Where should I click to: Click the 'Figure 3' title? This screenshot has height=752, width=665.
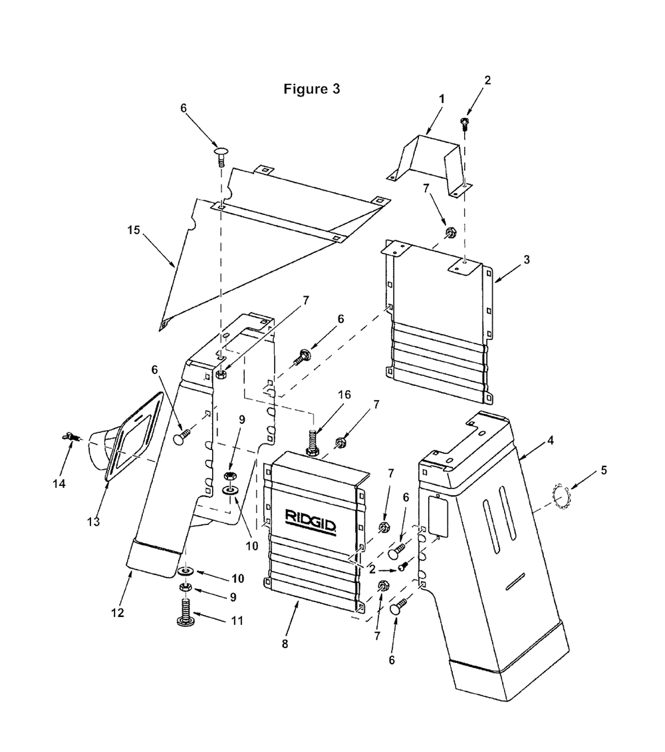312,89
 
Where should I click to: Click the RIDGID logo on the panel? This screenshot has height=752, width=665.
311,522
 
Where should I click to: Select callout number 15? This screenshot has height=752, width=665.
134,230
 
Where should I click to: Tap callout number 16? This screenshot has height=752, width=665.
344,395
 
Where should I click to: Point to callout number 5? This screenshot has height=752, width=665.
604,470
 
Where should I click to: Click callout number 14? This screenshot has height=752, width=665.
59,484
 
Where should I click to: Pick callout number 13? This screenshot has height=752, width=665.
93,521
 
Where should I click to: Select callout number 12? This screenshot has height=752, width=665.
118,612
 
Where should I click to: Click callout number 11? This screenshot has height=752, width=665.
237,621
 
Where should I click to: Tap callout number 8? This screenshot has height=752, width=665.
285,644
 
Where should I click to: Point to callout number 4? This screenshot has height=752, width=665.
551,440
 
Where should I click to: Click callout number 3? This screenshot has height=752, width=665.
527,260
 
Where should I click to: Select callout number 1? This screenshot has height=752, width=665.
442,98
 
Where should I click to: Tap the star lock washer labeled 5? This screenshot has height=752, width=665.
561,497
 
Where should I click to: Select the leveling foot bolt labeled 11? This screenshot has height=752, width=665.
186,613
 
